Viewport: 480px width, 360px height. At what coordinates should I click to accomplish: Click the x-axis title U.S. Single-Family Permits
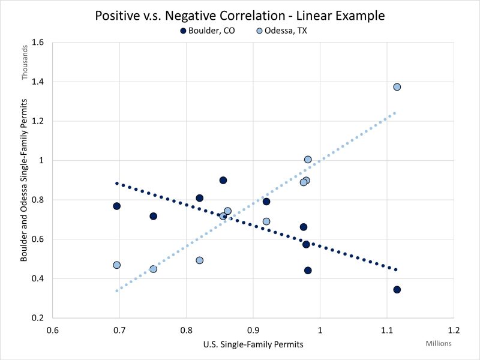pos(253,345)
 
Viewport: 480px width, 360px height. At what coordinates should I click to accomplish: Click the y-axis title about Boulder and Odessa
pos(25,180)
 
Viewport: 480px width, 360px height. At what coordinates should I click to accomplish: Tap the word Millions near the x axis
pos(439,343)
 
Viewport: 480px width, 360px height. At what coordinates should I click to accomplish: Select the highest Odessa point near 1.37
pos(397,87)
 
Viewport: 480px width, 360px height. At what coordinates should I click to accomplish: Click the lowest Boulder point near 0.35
pos(397,290)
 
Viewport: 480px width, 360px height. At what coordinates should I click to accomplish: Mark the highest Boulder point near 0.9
pos(223,180)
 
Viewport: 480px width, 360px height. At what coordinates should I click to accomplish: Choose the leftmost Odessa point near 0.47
pos(116,265)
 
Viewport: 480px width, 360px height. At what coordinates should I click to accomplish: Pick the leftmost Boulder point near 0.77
pos(116,206)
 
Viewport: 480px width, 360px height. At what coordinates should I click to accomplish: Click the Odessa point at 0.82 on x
pos(199,260)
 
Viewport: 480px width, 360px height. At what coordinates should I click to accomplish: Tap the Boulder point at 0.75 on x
pos(153,216)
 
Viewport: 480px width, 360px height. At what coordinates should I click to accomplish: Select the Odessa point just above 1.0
pos(308,160)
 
